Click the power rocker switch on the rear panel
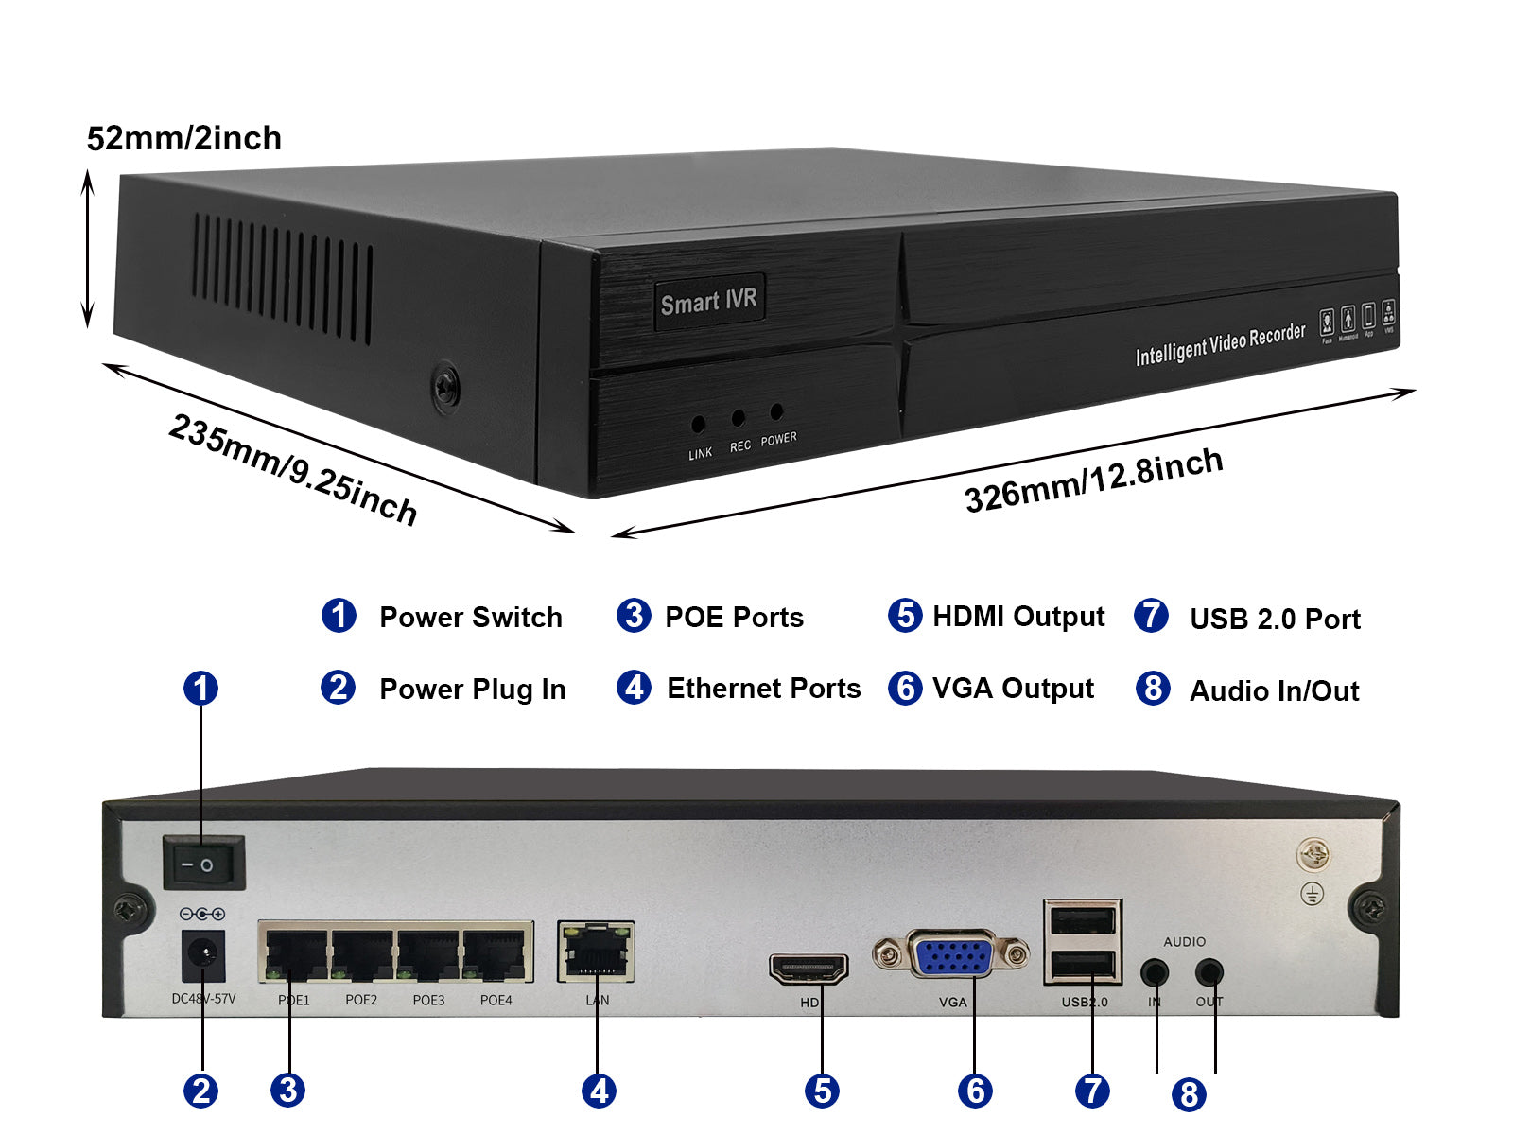[x=203, y=863]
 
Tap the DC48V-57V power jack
[x=202, y=956]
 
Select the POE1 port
[x=296, y=953]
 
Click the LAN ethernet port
[x=596, y=951]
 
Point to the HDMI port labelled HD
[x=809, y=969]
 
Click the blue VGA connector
[x=951, y=955]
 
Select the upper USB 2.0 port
[x=1083, y=919]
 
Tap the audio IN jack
[x=1155, y=972]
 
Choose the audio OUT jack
[x=1209, y=972]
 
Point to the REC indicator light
[x=738, y=417]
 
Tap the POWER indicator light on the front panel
[x=776, y=411]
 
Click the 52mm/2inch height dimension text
[x=184, y=138]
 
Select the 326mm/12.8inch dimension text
[x=1093, y=480]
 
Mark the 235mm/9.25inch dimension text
[x=293, y=469]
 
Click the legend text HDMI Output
[x=1017, y=617]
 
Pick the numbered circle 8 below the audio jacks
[x=1189, y=1094]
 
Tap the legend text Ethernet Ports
[x=763, y=689]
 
